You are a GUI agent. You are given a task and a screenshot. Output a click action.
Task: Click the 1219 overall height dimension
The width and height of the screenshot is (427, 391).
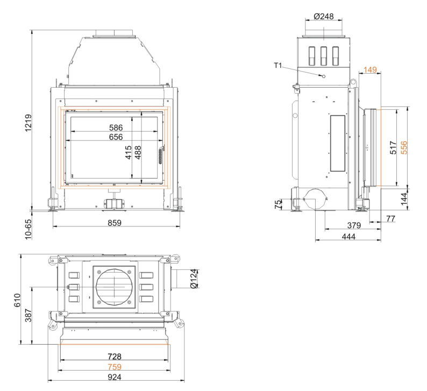[29, 123]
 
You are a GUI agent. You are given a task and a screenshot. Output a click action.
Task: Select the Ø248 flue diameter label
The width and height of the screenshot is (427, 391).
[324, 17]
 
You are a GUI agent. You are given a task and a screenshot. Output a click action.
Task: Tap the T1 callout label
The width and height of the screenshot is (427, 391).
[278, 66]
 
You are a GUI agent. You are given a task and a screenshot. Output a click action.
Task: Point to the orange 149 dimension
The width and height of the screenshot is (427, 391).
[370, 70]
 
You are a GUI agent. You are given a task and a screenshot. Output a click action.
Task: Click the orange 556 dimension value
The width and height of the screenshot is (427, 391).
[404, 147]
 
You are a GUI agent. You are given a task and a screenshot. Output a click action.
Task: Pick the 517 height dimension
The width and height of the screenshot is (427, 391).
[393, 147]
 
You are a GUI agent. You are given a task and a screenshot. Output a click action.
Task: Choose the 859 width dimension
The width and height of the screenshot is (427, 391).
[115, 223]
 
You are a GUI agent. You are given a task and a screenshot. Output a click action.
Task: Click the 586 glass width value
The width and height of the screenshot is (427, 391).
[116, 127]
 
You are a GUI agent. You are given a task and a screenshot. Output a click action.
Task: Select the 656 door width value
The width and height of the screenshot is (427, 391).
[116, 137]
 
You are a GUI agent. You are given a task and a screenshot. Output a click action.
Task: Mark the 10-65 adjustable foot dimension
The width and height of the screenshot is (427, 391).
[29, 230]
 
